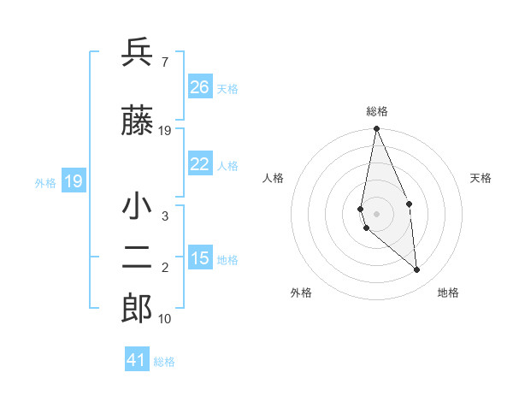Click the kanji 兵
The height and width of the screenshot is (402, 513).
137,53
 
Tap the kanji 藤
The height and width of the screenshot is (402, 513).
137,121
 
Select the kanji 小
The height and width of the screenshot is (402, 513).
137,208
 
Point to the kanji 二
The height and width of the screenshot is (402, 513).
137,259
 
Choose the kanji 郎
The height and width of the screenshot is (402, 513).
137,310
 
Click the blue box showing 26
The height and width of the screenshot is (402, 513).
199,87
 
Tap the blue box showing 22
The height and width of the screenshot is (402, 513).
199,164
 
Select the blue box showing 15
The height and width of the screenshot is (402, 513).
199,258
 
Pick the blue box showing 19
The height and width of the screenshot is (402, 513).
73,181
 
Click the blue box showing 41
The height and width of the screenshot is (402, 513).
137,360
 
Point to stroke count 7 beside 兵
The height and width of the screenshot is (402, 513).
164,62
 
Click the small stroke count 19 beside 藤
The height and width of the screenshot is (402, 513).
165,131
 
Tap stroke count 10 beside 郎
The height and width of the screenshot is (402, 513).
165,319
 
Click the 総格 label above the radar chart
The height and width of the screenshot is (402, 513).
377,111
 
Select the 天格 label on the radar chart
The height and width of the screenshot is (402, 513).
481,178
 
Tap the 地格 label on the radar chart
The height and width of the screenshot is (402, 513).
448,293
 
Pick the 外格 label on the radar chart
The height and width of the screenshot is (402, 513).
301,293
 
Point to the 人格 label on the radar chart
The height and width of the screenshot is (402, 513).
274,178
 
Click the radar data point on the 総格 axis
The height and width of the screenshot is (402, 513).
376,129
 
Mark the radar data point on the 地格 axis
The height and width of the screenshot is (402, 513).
416,269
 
